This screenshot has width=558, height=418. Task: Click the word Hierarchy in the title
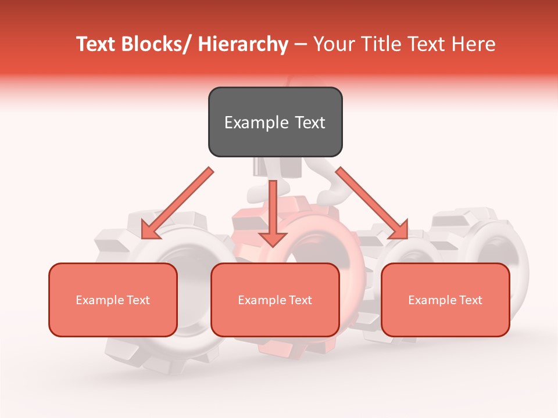(x=243, y=44)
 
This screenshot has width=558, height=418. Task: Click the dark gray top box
(x=275, y=122)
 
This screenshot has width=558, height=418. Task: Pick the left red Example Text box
(x=113, y=300)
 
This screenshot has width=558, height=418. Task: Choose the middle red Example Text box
(x=275, y=300)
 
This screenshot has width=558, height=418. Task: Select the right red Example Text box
(x=445, y=300)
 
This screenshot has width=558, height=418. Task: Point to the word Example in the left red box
(x=100, y=300)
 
